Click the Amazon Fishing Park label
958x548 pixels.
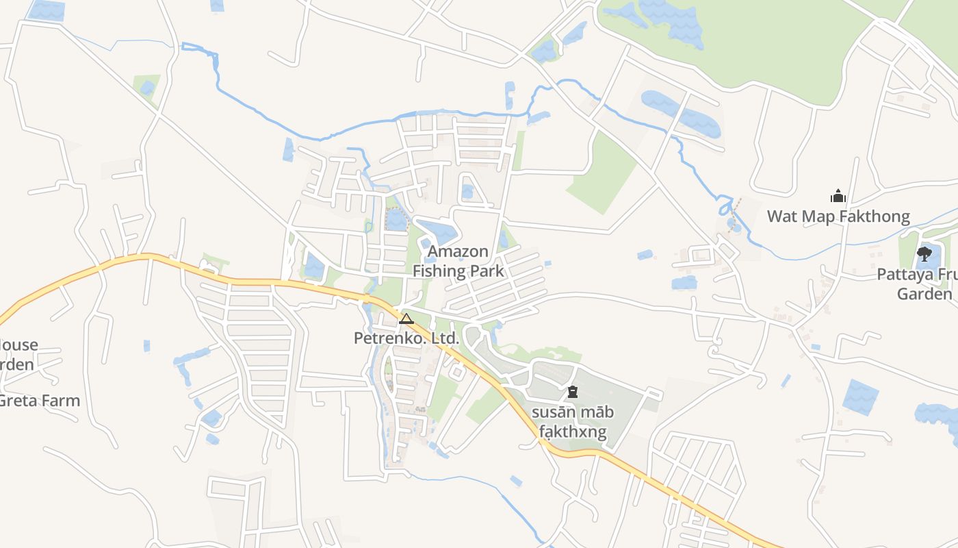click(x=458, y=261)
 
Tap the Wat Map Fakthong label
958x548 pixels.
click(x=838, y=217)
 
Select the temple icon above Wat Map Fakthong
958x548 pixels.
click(x=838, y=197)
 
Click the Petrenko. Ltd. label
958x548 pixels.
click(x=406, y=338)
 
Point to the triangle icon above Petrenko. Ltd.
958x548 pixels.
click(x=406, y=319)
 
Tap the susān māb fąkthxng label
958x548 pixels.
click(x=573, y=422)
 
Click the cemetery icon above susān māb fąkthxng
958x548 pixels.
click(x=573, y=392)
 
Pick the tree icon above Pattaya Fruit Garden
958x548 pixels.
click(x=924, y=255)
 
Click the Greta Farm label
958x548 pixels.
click(x=40, y=401)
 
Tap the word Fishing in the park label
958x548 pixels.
click(x=438, y=271)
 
